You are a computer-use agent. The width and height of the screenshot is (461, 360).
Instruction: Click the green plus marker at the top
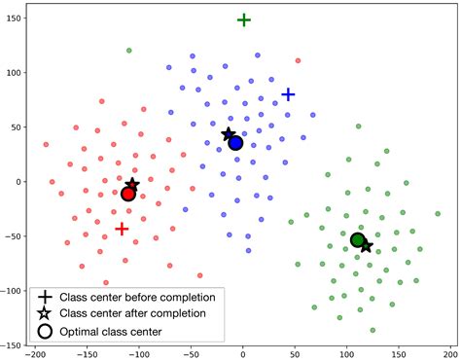[x=244, y=19]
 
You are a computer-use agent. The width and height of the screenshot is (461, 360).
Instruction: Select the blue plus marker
[x=288, y=94]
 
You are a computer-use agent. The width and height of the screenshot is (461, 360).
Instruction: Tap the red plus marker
[x=122, y=229]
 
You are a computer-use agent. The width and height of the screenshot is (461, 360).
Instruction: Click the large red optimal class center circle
[x=127, y=194]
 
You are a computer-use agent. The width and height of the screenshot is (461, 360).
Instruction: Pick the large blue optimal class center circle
[x=235, y=143]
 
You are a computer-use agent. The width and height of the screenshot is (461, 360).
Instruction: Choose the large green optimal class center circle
[x=357, y=239]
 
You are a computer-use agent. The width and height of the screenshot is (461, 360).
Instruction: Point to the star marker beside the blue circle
[x=229, y=134]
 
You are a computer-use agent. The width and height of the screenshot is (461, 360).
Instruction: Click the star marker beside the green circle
[x=366, y=246]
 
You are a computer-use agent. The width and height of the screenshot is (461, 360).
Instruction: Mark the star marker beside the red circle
[x=132, y=185]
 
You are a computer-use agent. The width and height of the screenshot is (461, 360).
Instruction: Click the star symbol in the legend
[x=45, y=313]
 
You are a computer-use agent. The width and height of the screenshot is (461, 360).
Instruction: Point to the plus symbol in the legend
[x=45, y=296]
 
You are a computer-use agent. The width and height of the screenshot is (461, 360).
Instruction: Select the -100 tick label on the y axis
[x=13, y=290]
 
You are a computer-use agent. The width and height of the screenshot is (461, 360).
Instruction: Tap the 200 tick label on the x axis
[x=449, y=354]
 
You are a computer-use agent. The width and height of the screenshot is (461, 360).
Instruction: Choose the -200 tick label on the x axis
[x=35, y=354]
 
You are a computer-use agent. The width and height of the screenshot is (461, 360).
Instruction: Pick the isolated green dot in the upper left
[x=129, y=50]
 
